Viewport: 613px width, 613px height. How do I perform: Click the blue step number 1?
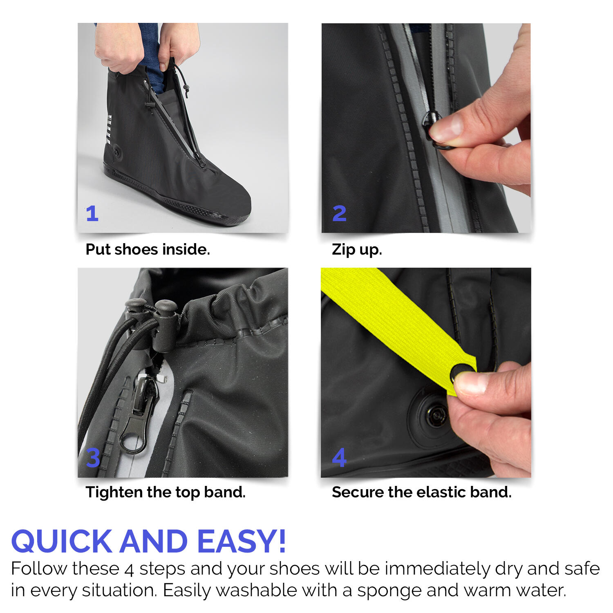point(92,213)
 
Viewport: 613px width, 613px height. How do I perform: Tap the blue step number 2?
point(339,213)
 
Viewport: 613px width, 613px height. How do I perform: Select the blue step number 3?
point(93,458)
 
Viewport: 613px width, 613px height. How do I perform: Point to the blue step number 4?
point(339,458)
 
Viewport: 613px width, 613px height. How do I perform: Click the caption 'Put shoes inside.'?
point(148,249)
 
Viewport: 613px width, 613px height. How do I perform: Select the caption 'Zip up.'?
point(357,249)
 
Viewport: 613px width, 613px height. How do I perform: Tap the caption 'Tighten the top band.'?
point(166,492)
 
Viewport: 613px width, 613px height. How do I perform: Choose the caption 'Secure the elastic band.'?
point(421,492)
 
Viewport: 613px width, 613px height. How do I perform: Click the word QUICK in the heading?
point(62,541)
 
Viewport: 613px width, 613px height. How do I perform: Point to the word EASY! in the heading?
point(242,541)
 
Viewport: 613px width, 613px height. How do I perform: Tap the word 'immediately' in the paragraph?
point(437,569)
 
